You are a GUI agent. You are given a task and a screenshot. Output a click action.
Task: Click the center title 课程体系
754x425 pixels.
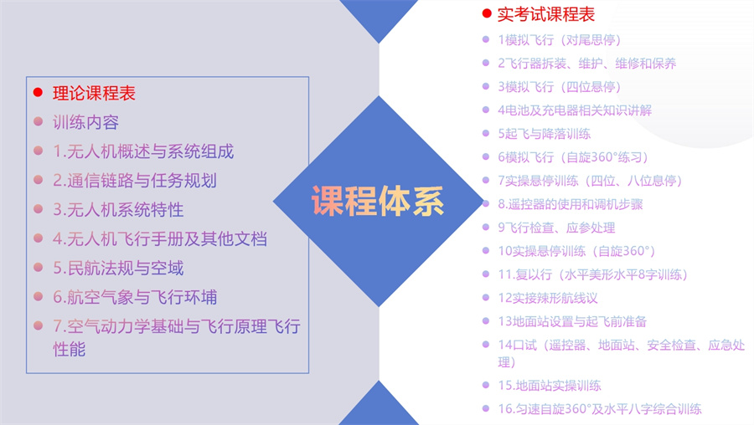(x=378, y=201)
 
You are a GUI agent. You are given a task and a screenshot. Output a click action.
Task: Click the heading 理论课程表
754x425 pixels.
(x=94, y=93)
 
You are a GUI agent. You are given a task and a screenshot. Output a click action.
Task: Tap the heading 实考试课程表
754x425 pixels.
(x=545, y=14)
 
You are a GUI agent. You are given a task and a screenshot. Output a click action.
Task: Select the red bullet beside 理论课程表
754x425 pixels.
(x=38, y=93)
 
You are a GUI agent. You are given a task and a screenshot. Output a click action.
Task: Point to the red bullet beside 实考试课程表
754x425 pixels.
(x=486, y=14)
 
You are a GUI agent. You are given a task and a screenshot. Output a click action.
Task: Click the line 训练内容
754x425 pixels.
(x=85, y=122)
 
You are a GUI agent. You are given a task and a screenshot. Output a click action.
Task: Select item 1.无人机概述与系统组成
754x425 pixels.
(x=143, y=151)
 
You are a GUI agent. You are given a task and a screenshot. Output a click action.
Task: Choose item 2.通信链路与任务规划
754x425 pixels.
(x=135, y=181)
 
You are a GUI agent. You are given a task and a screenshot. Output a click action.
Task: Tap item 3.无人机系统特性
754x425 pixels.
(x=118, y=210)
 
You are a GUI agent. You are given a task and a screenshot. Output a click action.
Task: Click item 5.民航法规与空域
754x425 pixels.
(x=118, y=269)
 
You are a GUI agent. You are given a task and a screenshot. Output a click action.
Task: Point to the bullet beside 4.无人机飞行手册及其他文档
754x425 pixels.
(x=38, y=239)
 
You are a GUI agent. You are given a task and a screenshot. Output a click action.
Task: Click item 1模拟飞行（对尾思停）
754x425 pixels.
(x=559, y=40)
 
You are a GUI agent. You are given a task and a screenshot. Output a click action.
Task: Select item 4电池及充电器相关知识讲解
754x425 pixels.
(x=574, y=110)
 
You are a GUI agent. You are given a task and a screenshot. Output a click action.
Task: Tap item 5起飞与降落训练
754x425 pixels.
(x=544, y=134)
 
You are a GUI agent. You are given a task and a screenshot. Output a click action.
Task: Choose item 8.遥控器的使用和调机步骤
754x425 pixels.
(x=570, y=204)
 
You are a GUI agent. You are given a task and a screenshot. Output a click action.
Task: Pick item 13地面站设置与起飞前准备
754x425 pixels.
(x=571, y=321)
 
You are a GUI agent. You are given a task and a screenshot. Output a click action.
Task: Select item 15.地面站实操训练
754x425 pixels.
(x=549, y=386)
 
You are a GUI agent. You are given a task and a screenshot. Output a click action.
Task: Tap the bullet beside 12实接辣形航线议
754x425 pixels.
(x=486, y=298)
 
